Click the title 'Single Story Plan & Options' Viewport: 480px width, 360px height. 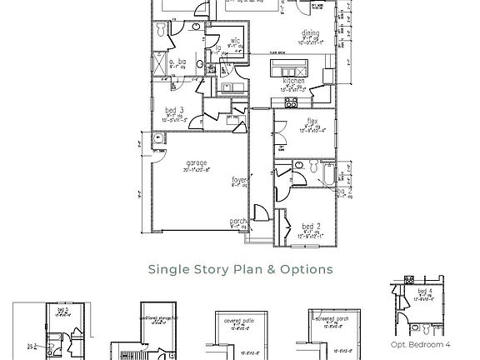pos(240,269)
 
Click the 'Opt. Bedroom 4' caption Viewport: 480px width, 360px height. pos(420,344)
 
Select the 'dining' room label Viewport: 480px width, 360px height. pos(310,34)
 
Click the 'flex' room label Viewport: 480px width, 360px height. pos(312,120)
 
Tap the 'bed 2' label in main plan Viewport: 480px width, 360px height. pos(311,226)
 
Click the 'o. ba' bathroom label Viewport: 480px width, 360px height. pos(177,62)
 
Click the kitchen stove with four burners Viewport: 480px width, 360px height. pos(291,102)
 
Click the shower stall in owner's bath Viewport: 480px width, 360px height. pos(158,63)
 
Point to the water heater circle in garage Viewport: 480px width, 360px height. pos(158,137)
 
